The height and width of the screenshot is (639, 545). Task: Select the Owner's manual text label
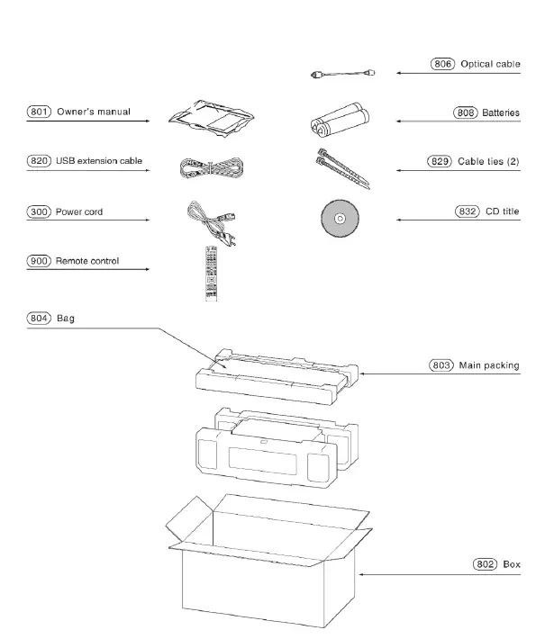tap(94, 112)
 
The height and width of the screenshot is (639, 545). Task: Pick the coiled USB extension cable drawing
tap(209, 166)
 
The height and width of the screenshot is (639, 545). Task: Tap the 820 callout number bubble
tap(38, 161)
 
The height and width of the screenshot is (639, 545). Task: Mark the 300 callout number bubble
tap(38, 211)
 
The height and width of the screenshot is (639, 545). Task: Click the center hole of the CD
tap(340, 219)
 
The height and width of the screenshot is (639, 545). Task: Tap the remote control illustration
tap(213, 272)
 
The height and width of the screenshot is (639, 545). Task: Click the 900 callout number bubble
tap(38, 261)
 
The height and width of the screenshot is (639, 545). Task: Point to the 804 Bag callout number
tap(38, 319)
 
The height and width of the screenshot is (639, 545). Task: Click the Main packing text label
tap(489, 365)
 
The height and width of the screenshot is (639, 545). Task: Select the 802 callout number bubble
tap(486, 564)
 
